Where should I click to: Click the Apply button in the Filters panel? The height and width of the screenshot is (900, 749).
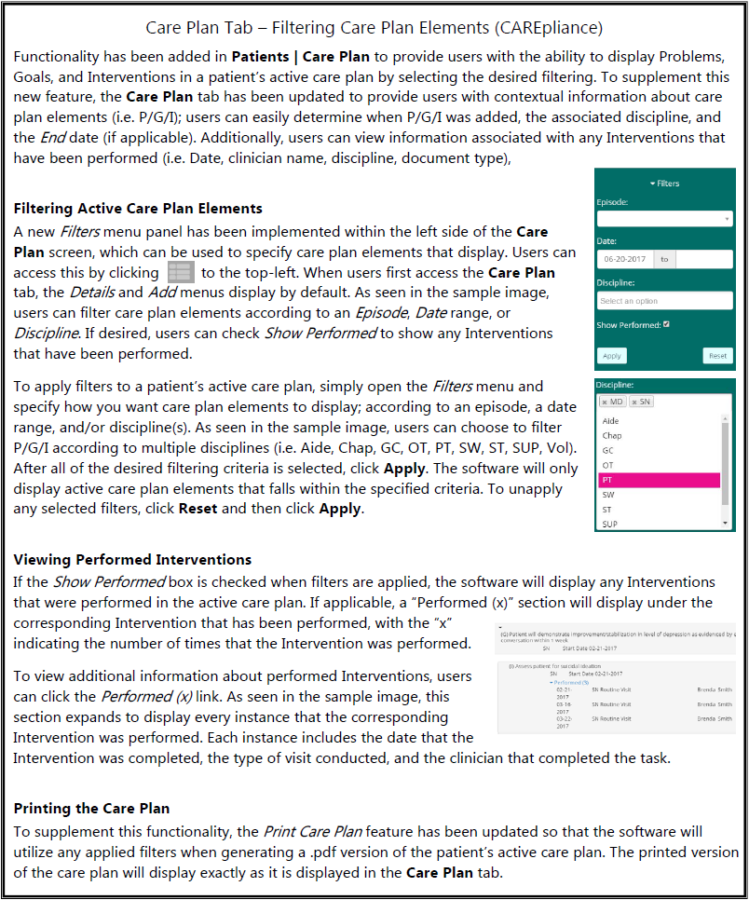point(612,356)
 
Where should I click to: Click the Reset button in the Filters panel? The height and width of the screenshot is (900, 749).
point(717,356)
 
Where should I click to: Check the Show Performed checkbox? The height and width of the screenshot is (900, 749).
point(666,325)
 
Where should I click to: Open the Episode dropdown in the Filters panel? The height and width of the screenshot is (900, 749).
point(665,219)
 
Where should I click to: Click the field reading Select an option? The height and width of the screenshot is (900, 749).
point(665,301)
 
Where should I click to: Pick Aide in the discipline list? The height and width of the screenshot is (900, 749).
point(611,421)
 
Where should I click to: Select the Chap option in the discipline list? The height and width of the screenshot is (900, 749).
point(612,435)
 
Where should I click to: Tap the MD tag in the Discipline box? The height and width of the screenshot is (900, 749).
point(613,402)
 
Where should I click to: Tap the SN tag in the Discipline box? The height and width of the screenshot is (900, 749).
point(641,402)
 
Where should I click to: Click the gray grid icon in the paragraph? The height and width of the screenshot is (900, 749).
point(180,272)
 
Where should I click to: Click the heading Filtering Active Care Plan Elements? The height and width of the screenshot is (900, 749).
point(138,209)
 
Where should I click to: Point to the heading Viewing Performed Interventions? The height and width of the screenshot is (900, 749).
point(132,560)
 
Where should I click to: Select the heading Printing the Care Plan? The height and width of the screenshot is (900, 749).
point(91,808)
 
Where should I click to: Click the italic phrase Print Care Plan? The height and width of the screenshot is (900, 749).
point(312,831)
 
